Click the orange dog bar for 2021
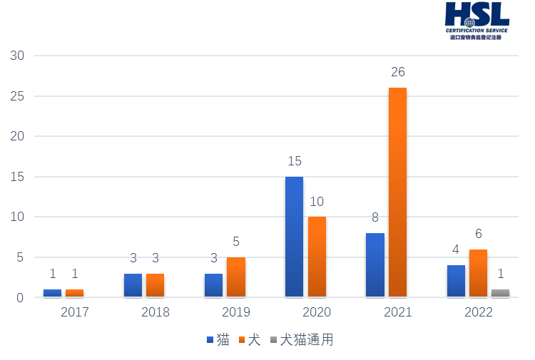tap(397, 192)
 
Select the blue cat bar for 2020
tap(294, 237)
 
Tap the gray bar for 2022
tap(500, 292)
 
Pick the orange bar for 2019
tap(236, 277)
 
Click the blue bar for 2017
tap(52, 292)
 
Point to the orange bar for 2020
tap(317, 257)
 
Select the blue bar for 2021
tap(375, 264)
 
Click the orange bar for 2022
tap(478, 273)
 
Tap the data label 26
tap(398, 72)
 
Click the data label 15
tap(294, 161)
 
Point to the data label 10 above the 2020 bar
tap(317, 202)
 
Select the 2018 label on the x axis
tap(156, 312)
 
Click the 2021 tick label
tap(397, 312)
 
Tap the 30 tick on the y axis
tap(17, 56)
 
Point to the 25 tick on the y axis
tap(17, 96)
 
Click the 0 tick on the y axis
tap(20, 297)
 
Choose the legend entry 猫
tap(218, 340)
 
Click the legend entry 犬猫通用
tap(301, 340)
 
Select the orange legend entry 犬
tap(250, 340)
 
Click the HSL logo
tap(477, 21)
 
